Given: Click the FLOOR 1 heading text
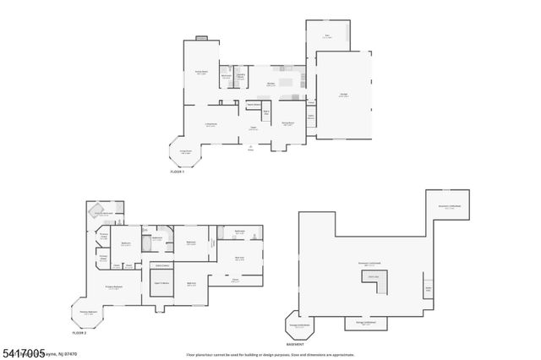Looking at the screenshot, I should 178,171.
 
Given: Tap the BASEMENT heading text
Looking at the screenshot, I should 295,345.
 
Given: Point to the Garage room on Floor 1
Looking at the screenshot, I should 343,95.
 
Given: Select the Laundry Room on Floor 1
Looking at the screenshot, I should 241,77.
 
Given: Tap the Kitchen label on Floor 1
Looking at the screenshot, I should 272,85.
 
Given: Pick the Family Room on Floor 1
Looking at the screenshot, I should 202,72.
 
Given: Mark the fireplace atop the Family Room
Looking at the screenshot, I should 202,37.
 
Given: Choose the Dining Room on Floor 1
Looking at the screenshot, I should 288,123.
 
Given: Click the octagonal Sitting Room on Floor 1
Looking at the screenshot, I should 185,152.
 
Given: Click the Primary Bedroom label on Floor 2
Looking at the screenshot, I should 116,287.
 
